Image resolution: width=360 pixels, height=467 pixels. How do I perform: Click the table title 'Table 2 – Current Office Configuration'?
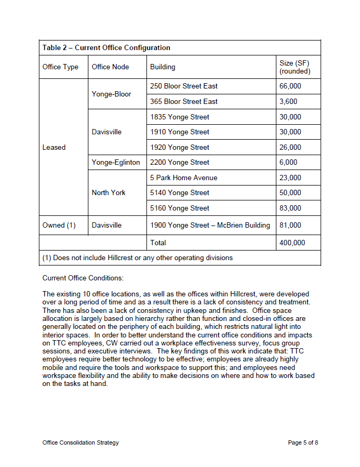coord(107,48)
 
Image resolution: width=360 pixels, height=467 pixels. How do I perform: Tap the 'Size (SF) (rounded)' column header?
coord(294,67)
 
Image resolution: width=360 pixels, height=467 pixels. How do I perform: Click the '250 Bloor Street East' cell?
coord(184,86)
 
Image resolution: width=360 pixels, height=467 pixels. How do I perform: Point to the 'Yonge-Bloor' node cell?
coord(111,94)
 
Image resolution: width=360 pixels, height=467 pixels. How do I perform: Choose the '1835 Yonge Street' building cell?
coord(179,117)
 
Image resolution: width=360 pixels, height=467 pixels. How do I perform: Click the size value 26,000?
coord(290,147)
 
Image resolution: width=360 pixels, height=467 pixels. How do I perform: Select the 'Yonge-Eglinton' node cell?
coord(116,162)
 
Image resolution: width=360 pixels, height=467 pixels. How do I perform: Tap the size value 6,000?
coord(288,162)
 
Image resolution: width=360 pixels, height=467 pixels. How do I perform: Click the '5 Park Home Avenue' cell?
coord(184,178)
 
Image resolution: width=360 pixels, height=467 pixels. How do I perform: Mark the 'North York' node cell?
coord(109,192)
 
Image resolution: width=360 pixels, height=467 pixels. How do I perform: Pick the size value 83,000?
coord(290,208)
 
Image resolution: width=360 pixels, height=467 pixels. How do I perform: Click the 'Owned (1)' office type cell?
coord(59,225)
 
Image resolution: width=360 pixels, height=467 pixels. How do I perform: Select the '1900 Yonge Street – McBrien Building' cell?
coord(210,225)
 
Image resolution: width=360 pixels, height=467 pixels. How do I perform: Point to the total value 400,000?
coord(292,243)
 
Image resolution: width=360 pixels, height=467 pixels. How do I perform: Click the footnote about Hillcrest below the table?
coord(137,258)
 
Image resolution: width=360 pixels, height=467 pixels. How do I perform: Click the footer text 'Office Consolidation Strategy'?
coord(80,442)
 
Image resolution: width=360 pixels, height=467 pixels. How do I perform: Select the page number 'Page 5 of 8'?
coord(303,442)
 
